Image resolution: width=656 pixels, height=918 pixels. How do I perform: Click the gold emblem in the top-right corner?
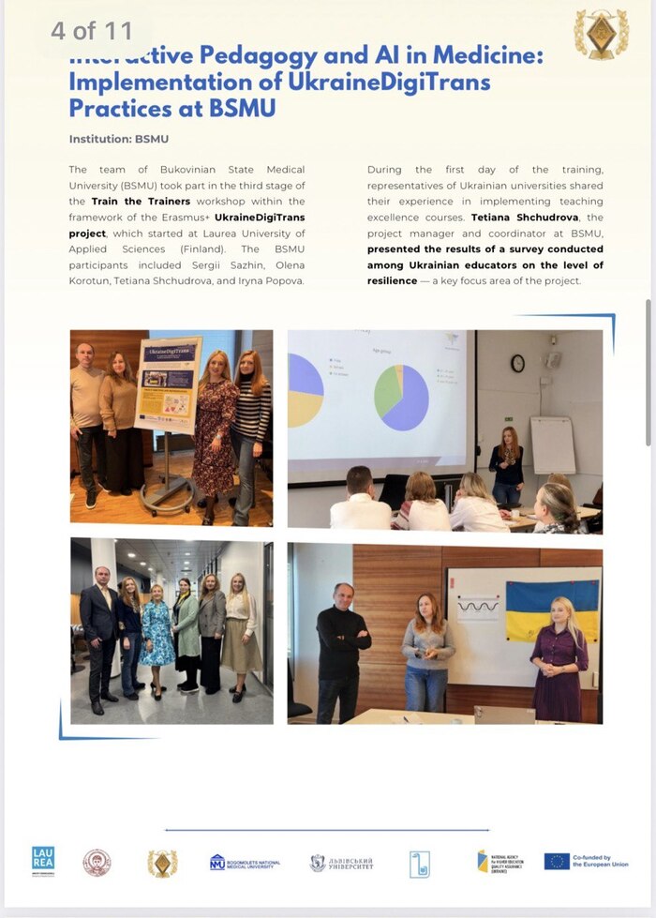coord(601,35)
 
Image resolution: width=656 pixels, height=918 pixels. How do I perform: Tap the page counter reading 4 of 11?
coord(92,31)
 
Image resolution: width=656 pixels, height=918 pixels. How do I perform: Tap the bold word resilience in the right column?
coord(392,281)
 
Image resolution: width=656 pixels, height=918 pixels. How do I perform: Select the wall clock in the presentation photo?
coord(517,363)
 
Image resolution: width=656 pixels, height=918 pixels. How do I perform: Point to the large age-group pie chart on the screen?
coord(402,398)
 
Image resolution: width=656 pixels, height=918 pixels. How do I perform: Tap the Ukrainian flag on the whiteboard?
coord(552,610)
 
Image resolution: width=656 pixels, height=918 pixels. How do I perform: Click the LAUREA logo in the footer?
coord(43,859)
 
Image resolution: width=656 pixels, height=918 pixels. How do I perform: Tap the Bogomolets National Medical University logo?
coord(246,863)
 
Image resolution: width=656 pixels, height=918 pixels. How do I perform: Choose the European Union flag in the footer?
coord(557,861)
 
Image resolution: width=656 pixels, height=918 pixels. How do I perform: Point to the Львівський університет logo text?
coord(342,863)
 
